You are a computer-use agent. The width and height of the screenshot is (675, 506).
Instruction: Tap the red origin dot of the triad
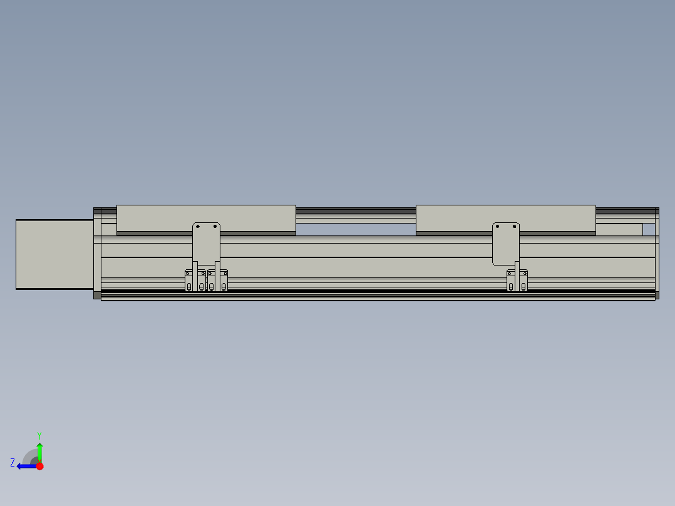point(39,466)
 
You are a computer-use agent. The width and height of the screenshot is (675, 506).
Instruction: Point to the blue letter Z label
point(13,463)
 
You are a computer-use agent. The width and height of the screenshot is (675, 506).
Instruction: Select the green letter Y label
point(39,435)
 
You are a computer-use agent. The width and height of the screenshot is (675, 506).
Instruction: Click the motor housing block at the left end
point(54,254)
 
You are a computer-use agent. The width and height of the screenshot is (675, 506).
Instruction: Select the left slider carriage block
point(206,218)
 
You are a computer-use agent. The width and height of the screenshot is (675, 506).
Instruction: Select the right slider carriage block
point(505,218)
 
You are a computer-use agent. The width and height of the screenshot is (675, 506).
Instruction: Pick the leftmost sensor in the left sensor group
point(188,281)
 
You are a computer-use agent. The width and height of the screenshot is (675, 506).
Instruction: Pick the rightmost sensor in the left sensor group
point(224,281)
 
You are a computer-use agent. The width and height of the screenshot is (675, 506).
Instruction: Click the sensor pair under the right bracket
point(517,281)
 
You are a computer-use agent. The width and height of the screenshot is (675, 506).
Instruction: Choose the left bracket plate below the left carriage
point(206,244)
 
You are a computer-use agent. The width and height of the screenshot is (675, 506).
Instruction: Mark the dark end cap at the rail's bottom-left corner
point(97,295)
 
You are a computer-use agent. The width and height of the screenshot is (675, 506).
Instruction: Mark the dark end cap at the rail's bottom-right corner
point(657,294)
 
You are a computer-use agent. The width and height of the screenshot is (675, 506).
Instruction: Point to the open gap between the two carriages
point(355,229)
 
